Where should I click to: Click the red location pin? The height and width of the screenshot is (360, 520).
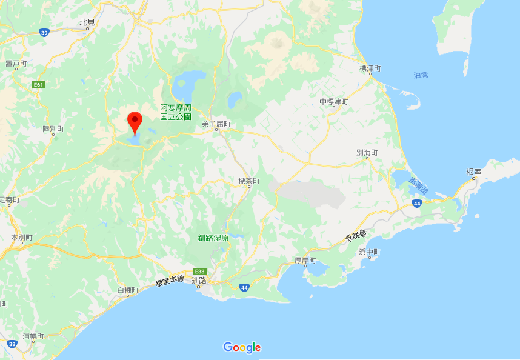click(x=134, y=122)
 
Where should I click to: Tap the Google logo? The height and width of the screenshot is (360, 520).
click(x=242, y=347)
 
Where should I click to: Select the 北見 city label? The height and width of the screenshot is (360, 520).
click(x=88, y=22)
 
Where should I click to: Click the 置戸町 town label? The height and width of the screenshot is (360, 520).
click(x=16, y=64)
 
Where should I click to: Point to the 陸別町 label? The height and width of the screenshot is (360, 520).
click(x=53, y=129)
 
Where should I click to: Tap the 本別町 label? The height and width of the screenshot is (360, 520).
click(x=21, y=238)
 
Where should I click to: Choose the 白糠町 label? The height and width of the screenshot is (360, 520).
click(x=127, y=290)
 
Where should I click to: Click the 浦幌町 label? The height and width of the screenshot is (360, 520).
click(x=33, y=336)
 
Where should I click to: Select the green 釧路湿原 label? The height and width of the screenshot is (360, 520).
click(x=213, y=238)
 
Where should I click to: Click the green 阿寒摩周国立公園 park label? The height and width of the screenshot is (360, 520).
click(x=176, y=112)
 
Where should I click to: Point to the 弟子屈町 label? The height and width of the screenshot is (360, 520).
click(x=216, y=124)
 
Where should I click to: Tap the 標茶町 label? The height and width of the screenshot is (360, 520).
click(x=248, y=181)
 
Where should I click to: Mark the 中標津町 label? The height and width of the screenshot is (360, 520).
click(x=334, y=101)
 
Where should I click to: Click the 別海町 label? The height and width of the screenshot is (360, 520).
click(x=367, y=153)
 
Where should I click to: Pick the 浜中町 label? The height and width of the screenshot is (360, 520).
click(x=369, y=252)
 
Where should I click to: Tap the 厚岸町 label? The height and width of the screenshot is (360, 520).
click(x=305, y=261)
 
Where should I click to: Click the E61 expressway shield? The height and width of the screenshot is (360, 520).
click(x=39, y=85)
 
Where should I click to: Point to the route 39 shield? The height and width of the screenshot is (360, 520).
click(x=44, y=33)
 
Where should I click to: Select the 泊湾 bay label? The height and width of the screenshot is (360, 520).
click(x=421, y=75)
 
